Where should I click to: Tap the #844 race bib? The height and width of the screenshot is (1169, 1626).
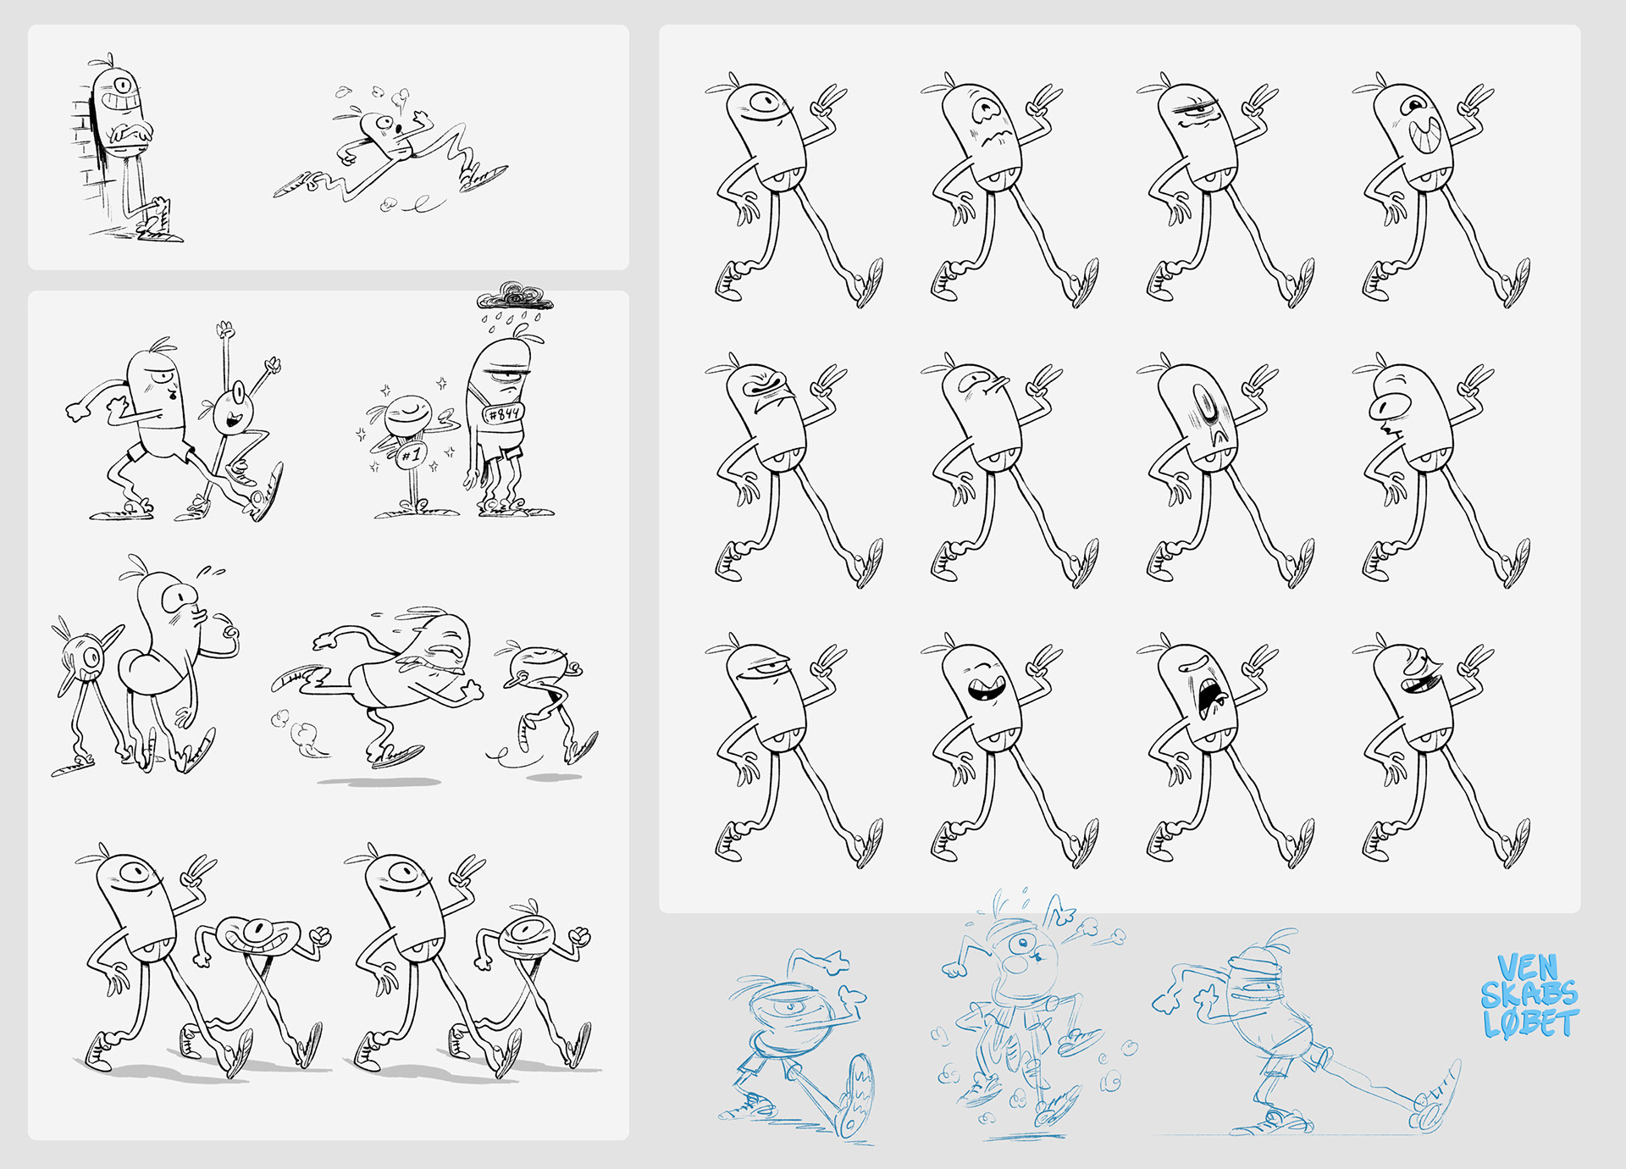tap(504, 413)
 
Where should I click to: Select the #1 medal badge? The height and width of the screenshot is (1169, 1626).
tap(410, 454)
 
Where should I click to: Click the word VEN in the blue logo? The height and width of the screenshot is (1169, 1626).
tap(1528, 967)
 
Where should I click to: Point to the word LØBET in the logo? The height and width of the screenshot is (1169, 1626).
tap(1531, 1023)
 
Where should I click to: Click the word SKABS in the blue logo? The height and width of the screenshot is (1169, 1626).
tap(1529, 994)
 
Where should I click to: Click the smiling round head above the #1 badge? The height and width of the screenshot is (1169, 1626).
tap(409, 415)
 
